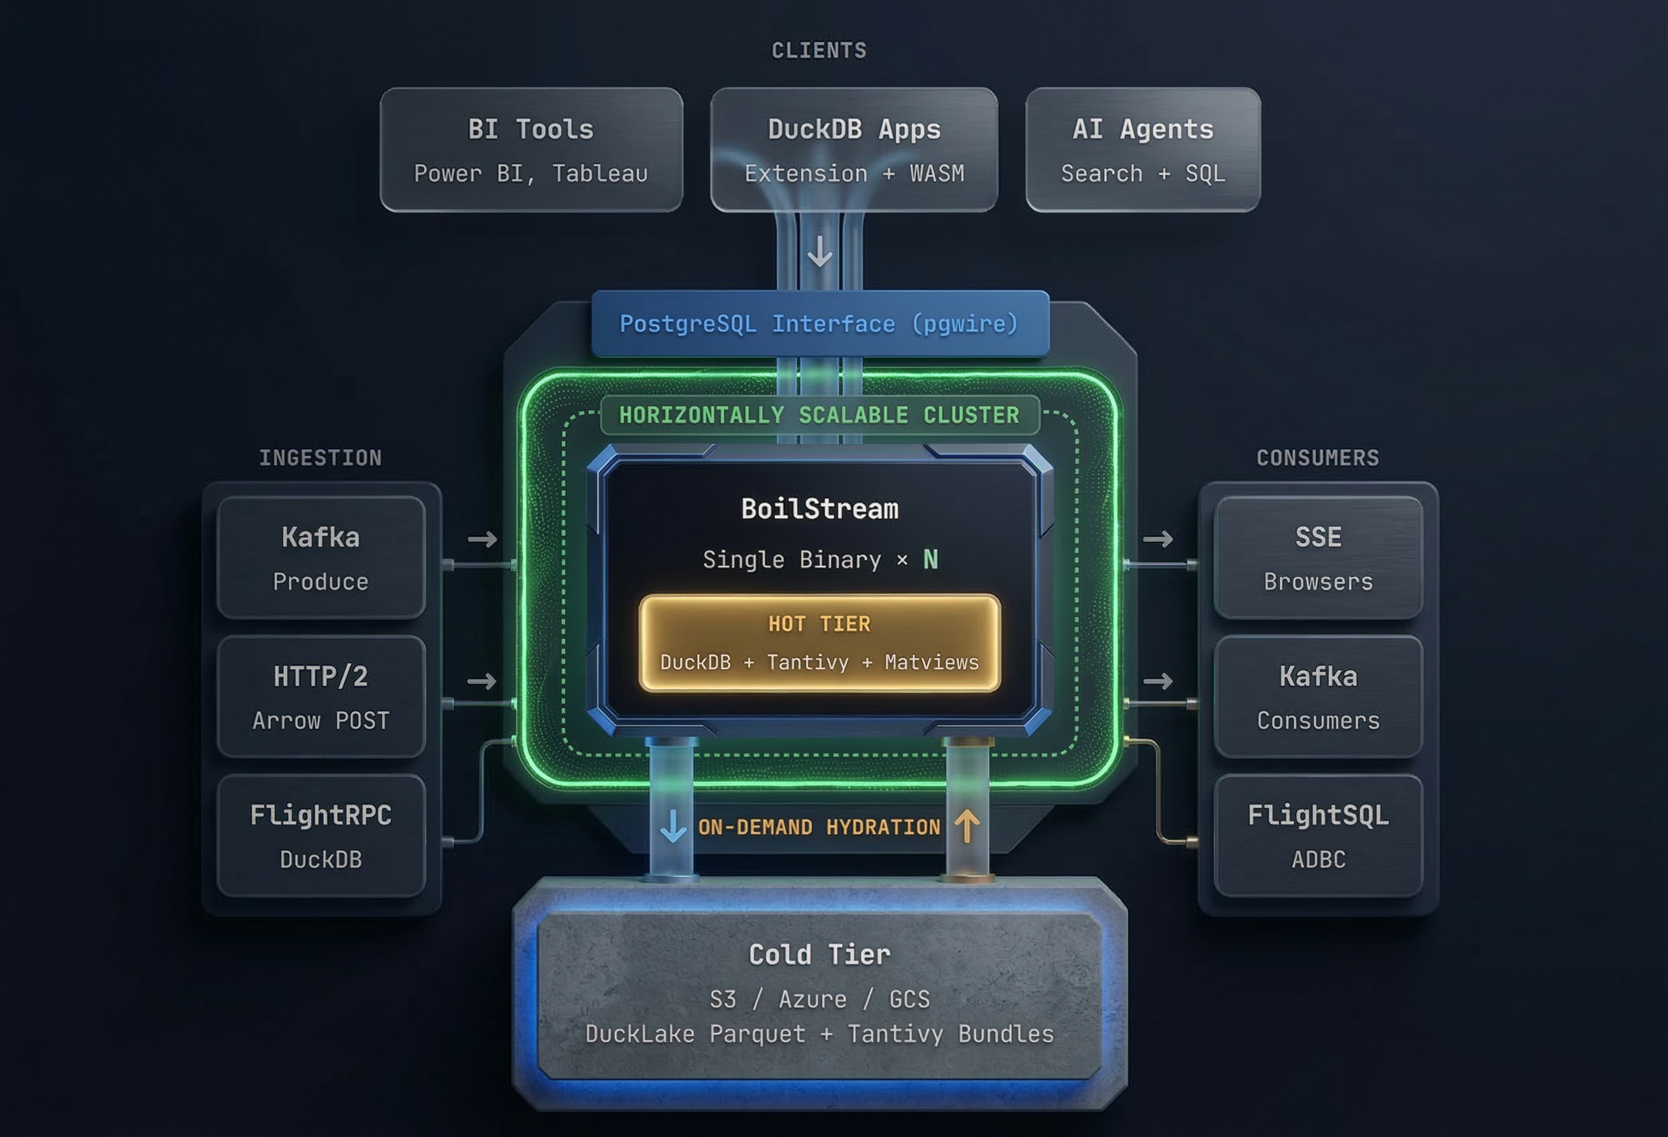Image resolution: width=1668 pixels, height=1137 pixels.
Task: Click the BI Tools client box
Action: tap(531, 149)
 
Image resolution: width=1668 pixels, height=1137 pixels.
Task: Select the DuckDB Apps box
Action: tap(854, 149)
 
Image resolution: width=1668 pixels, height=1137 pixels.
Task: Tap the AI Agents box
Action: tap(1142, 149)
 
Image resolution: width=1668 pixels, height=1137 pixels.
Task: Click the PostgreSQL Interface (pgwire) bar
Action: tap(820, 324)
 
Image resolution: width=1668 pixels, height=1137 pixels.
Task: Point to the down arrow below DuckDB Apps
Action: tap(820, 252)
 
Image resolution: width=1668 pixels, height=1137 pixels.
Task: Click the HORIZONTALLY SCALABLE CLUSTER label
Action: tap(820, 415)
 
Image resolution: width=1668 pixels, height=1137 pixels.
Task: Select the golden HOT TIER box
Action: tap(820, 643)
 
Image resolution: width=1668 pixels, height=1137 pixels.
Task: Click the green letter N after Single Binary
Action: tap(930, 559)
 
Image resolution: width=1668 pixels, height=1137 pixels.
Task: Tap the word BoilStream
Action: tap(820, 509)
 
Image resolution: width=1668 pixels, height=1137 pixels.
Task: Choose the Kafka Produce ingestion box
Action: tap(321, 558)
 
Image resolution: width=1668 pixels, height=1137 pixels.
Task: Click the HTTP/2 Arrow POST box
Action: tap(321, 697)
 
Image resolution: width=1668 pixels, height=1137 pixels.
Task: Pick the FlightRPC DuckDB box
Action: tap(321, 835)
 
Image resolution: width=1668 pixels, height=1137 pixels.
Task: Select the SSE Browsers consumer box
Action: tap(1318, 558)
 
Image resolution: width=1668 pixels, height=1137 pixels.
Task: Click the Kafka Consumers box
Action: tap(1318, 697)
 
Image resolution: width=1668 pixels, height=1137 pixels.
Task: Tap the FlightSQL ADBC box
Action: tap(1318, 835)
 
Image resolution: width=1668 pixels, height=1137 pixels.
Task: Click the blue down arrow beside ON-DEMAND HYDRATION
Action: tap(672, 826)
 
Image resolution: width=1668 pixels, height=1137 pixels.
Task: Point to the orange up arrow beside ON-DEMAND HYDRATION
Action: tap(967, 826)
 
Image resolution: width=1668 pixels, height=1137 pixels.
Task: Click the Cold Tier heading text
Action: tap(820, 955)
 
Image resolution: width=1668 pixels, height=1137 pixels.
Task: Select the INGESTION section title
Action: tap(321, 458)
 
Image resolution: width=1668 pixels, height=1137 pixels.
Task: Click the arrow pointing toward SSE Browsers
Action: tap(1158, 538)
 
